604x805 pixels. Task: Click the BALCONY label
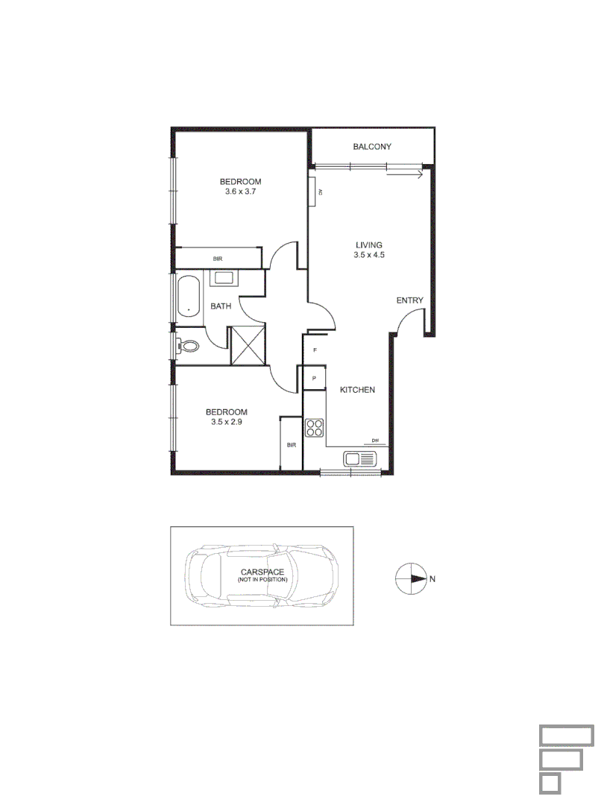tap(372, 147)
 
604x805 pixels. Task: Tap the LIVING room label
tap(369, 244)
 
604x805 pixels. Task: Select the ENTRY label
tap(409, 300)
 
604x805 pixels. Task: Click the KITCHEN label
tap(357, 390)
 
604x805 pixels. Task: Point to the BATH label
tap(221, 306)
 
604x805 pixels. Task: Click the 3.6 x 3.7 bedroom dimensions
tap(240, 192)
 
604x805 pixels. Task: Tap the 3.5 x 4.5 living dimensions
tap(369, 255)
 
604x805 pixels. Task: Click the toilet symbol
tap(189, 346)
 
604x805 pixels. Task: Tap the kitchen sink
tap(361, 459)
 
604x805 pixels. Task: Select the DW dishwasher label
tap(376, 441)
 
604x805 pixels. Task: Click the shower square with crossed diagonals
tap(248, 346)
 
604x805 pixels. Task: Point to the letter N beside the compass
tap(432, 578)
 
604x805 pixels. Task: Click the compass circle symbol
tap(409, 578)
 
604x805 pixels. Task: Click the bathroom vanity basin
tap(224, 279)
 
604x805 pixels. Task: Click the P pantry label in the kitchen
tap(315, 379)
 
